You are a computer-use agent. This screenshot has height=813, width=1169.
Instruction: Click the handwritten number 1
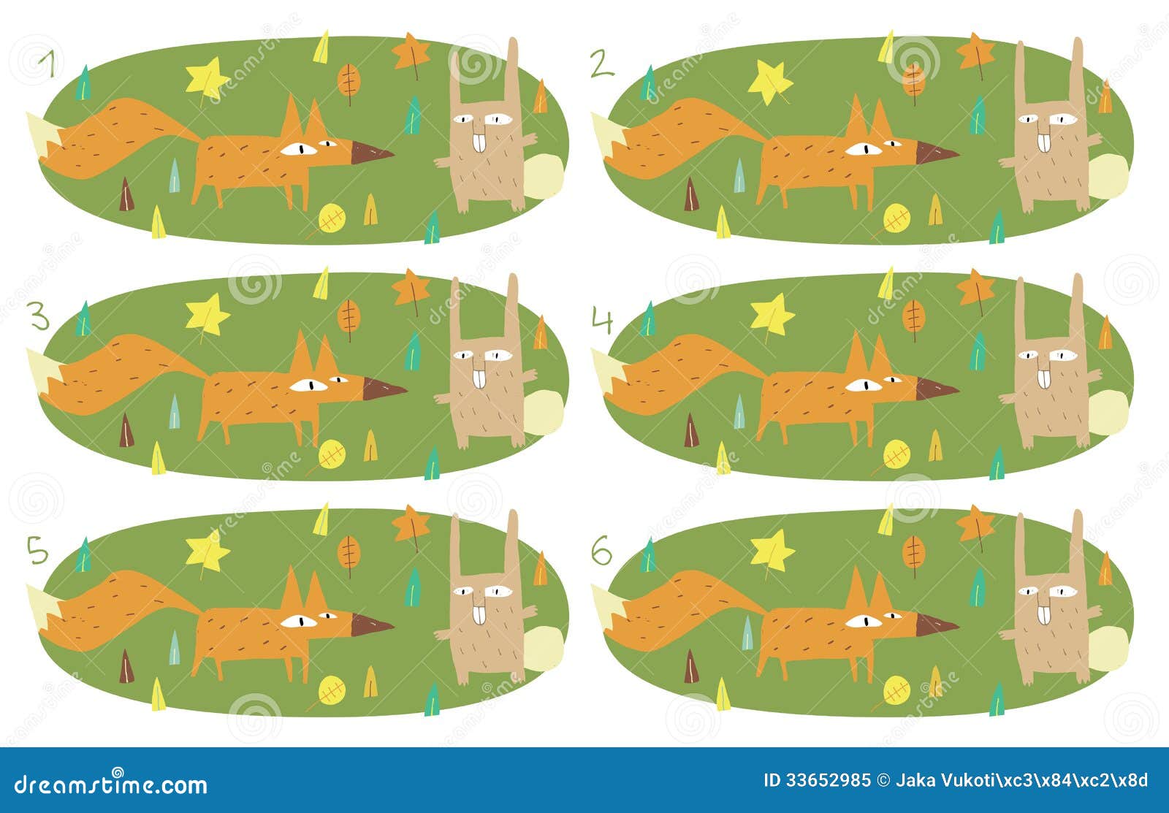(x=50, y=65)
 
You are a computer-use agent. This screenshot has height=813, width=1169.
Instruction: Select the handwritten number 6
(x=601, y=553)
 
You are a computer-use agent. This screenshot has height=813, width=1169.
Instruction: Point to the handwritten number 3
(x=39, y=318)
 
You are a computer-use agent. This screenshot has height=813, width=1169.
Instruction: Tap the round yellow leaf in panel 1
(x=332, y=217)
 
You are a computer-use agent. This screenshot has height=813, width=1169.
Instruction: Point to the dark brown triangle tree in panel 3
(x=127, y=430)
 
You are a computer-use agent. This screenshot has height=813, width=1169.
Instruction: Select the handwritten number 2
(x=601, y=66)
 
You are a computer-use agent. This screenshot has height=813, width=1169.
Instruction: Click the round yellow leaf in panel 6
(x=896, y=689)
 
